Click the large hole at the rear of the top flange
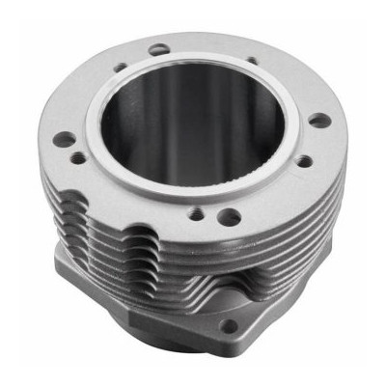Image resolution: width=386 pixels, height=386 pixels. click(x=157, y=45)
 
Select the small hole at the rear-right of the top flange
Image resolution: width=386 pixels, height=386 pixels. click(x=252, y=61)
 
